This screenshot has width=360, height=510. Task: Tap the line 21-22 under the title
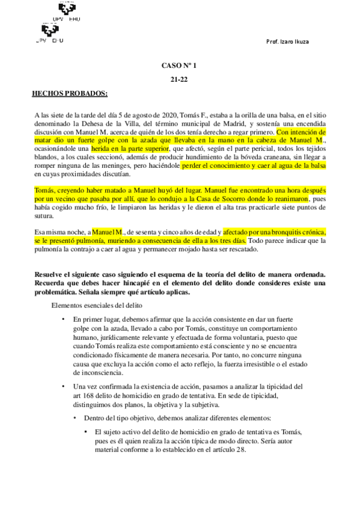pos(179,79)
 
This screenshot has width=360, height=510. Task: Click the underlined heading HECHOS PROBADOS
pos(70,93)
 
